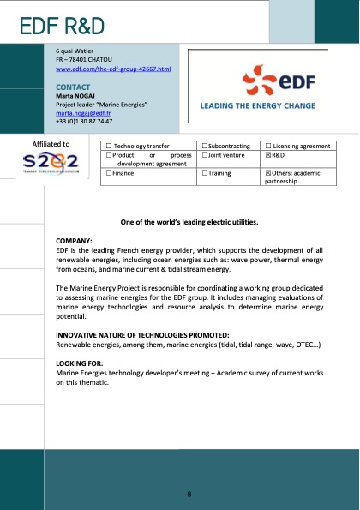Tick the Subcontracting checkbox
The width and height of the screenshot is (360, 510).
203,147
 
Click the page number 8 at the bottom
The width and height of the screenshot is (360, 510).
189,495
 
